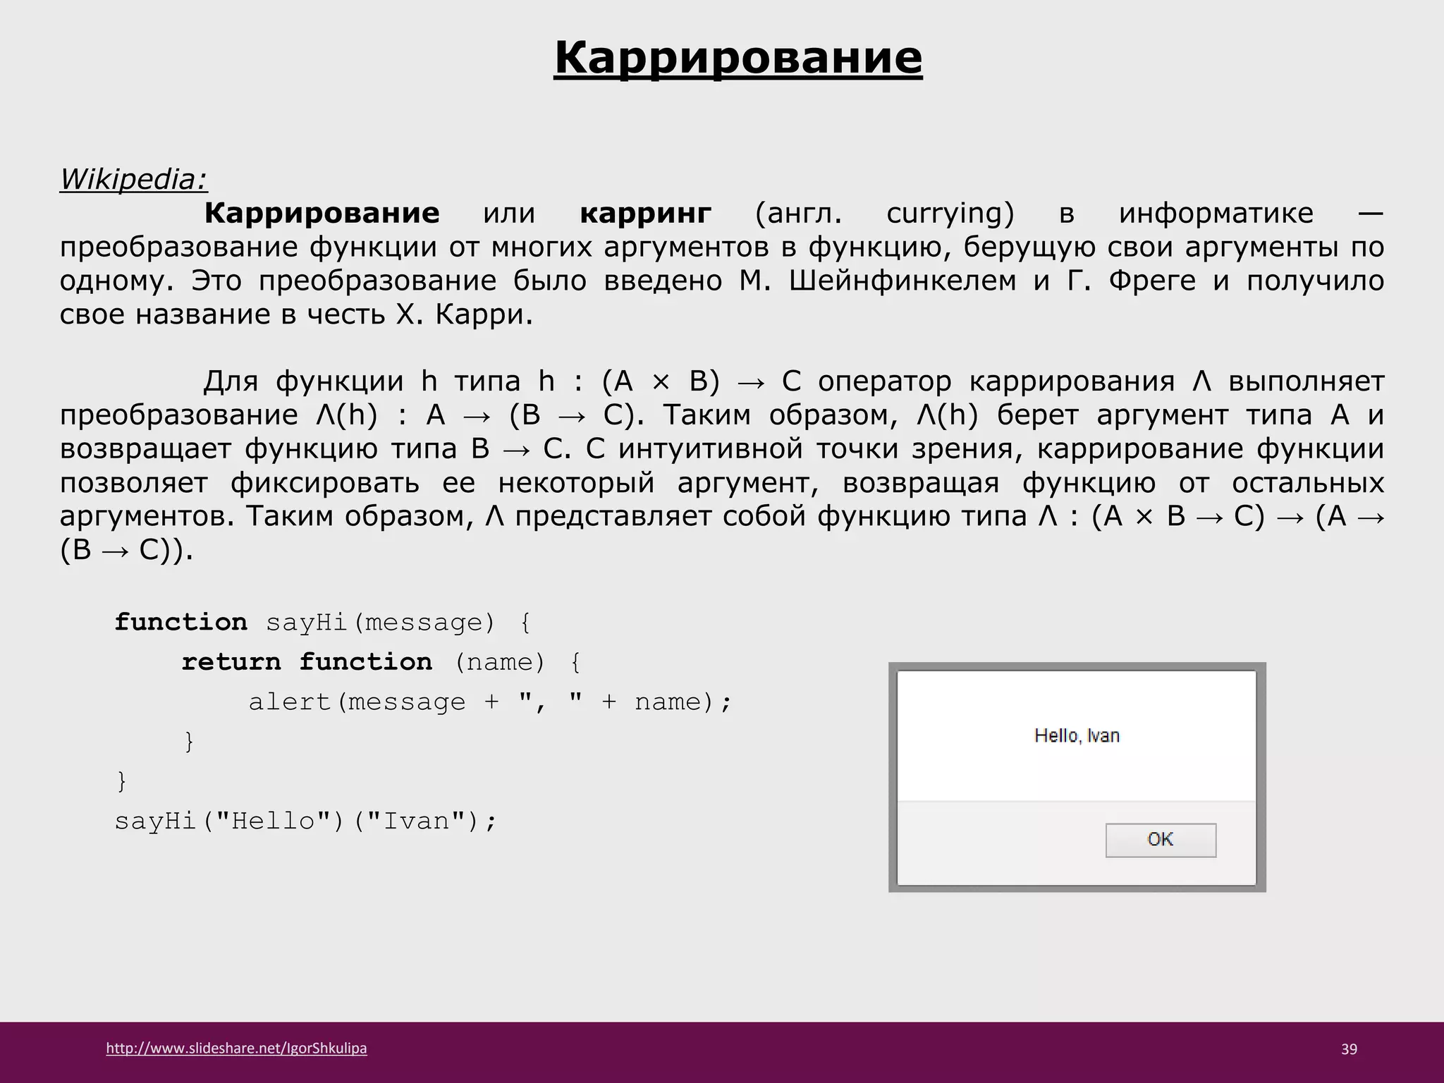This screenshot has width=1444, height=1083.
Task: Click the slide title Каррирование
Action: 738,58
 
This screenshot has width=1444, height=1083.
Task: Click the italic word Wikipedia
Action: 133,179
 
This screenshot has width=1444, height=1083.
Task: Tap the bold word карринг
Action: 645,213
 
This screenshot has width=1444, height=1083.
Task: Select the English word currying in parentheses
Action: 949,214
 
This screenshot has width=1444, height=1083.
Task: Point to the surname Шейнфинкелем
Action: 902,281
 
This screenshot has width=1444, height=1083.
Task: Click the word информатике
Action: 1216,213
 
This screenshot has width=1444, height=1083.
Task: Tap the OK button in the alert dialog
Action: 1160,840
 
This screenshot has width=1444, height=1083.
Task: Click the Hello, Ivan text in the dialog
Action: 1077,736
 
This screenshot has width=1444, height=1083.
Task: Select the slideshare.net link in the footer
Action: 236,1048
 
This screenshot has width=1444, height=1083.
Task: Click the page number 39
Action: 1349,1049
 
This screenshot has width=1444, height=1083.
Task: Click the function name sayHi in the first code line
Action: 307,623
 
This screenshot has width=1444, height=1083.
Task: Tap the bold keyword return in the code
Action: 231,662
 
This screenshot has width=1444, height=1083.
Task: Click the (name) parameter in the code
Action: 500,662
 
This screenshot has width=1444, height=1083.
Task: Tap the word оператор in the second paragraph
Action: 884,381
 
